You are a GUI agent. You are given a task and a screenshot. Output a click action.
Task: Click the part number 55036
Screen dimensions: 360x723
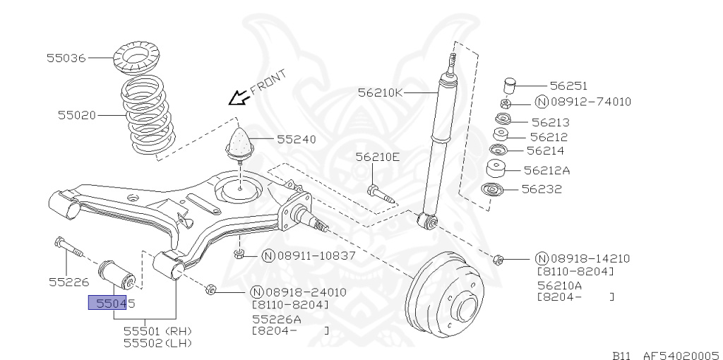pos(66,58)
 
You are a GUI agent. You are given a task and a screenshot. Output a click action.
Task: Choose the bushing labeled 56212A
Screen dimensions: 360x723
pos(497,169)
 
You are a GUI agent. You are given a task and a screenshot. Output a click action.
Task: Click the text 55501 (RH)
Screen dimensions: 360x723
pos(157,330)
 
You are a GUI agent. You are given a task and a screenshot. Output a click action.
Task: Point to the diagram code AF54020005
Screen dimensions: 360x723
pos(681,356)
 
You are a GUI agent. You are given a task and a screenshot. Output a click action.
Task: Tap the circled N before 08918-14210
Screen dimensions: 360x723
pos(542,259)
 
